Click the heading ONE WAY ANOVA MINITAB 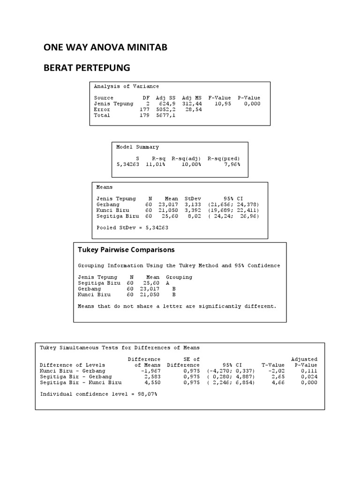(105, 47)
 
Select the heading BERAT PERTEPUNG (86, 68)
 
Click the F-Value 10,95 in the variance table (223, 104)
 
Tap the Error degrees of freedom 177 (144, 109)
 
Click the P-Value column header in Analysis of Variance (248, 98)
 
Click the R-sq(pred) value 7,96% (231, 165)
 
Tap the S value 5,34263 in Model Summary (128, 165)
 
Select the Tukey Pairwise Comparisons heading (126, 250)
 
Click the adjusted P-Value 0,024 (309, 376)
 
